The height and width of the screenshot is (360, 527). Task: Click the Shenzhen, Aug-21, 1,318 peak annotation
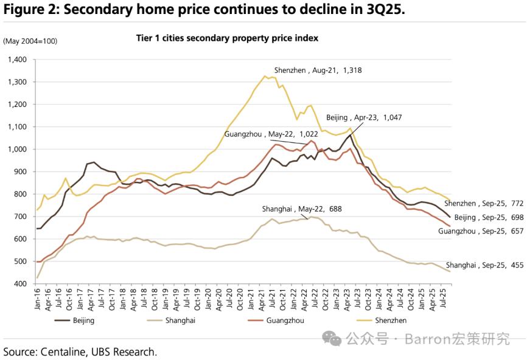pyautogui.click(x=318, y=71)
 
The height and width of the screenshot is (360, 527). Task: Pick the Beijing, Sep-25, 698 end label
pyautogui.click(x=489, y=217)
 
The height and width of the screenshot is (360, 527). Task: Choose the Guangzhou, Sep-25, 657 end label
pyautogui.click(x=481, y=231)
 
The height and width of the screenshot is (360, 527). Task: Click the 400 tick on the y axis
pyautogui.click(x=21, y=284)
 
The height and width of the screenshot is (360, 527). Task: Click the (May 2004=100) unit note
pyautogui.click(x=30, y=41)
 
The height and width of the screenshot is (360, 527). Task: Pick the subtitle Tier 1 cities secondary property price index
pyautogui.click(x=227, y=38)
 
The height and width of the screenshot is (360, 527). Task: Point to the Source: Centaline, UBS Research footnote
pyautogui.click(x=80, y=351)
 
